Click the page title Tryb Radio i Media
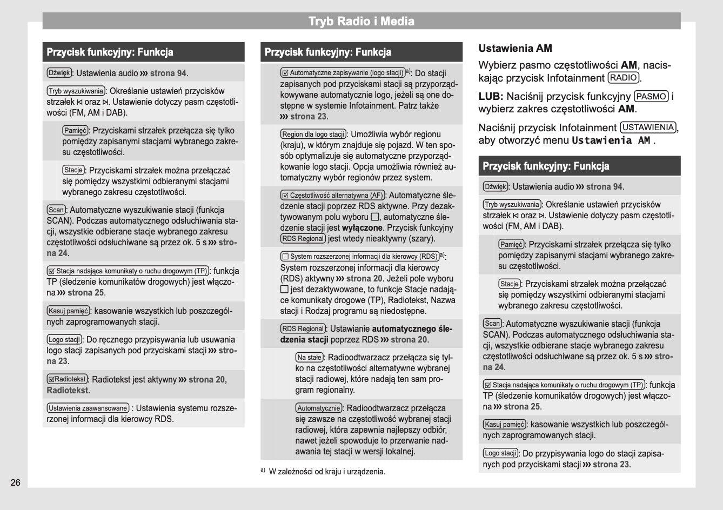pyautogui.click(x=361, y=22)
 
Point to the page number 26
pyautogui.click(x=15, y=482)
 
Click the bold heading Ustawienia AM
pyautogui.click(x=515, y=48)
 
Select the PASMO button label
pyautogui.click(x=651, y=97)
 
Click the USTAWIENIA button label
pyautogui.click(x=648, y=128)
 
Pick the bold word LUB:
pyautogui.click(x=491, y=97)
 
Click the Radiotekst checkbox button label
pyautogui.click(x=67, y=379)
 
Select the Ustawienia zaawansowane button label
pyautogui.click(x=88, y=408)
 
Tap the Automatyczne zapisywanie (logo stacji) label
pyautogui.click(x=343, y=73)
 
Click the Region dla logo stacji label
pyautogui.click(x=313, y=134)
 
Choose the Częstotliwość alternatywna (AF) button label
pyautogui.click(x=332, y=196)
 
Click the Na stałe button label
pyautogui.click(x=310, y=357)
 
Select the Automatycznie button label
pyautogui.click(x=319, y=408)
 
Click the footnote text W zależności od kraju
pyautogui.click(x=327, y=472)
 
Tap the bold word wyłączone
pyautogui.click(x=362, y=228)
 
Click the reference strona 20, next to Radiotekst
pyautogui.click(x=207, y=379)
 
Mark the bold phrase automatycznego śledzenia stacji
pyautogui.click(x=412, y=328)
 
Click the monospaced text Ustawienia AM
pyautogui.click(x=611, y=140)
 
